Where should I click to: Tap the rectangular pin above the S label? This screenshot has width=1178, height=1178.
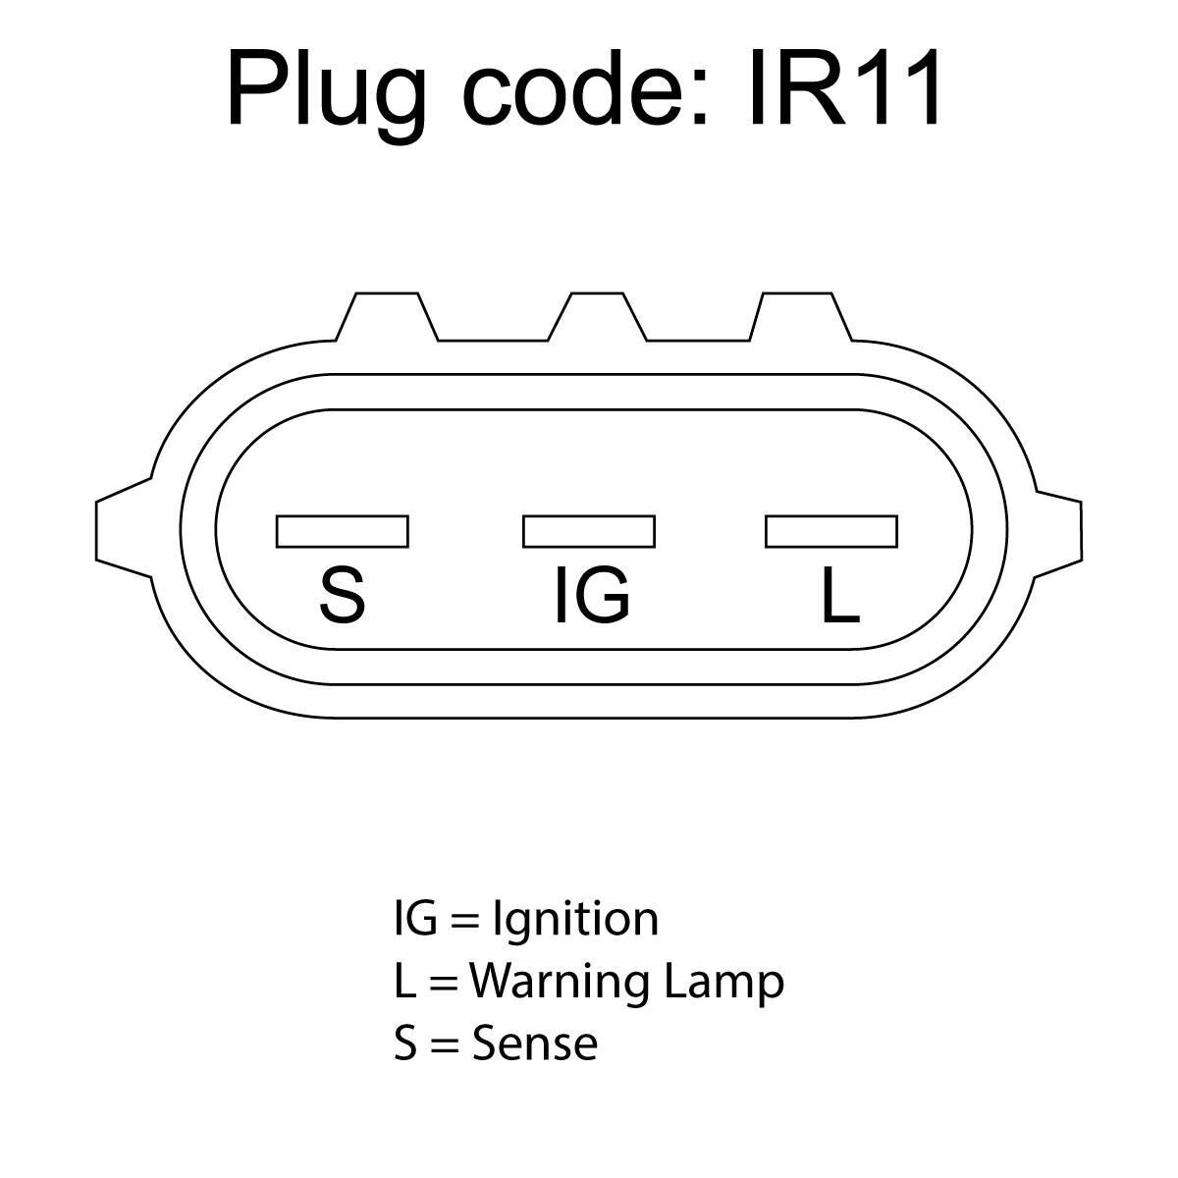343,531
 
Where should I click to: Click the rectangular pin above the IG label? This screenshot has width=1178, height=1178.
589,531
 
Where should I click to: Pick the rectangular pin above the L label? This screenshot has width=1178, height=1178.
831,531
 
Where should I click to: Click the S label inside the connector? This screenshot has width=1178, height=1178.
343,595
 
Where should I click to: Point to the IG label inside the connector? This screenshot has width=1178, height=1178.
592,595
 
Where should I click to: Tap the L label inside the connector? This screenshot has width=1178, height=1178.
841,595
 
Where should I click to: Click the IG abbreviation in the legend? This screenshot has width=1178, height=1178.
415,919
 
